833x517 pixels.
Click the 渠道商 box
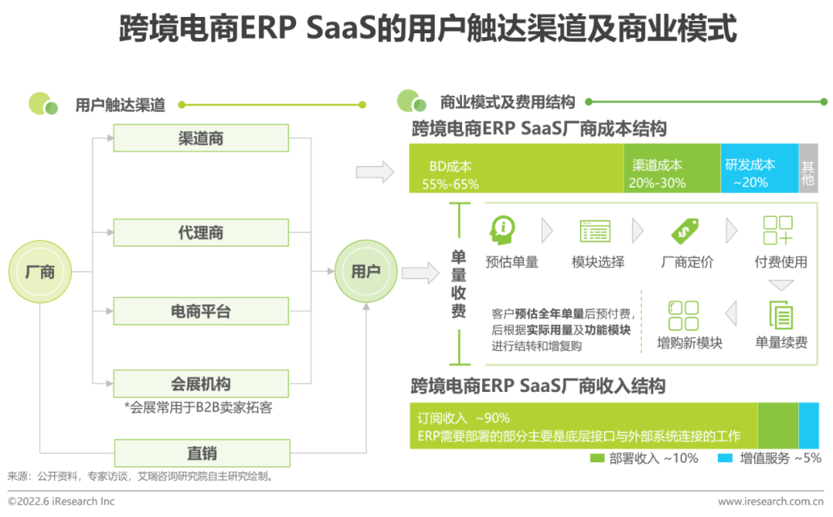click(201, 139)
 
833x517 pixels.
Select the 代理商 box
click(201, 232)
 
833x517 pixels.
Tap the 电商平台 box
click(201, 311)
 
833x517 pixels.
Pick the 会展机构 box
click(201, 384)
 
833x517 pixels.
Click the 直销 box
click(201, 453)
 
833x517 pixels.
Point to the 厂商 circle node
click(39, 272)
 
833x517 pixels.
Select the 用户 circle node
click(366, 272)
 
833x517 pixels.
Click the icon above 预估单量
click(504, 229)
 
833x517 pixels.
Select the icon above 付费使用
click(777, 230)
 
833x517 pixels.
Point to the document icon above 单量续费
click(781, 315)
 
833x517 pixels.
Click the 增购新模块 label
click(690, 343)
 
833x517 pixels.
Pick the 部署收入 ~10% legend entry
click(644, 458)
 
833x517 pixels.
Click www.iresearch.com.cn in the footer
click(770, 502)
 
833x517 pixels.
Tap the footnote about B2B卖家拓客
click(198, 407)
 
